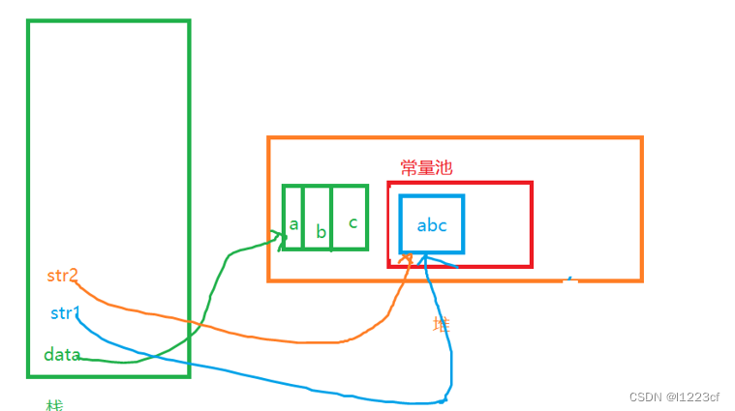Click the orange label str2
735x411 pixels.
click(x=61, y=276)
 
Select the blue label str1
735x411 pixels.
click(x=65, y=313)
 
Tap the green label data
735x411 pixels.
click(x=61, y=355)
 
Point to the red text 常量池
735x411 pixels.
click(x=426, y=167)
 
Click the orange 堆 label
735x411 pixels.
click(x=441, y=324)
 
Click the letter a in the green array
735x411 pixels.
click(x=292, y=224)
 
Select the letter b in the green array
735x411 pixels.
click(x=321, y=233)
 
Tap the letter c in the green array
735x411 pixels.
click(x=352, y=222)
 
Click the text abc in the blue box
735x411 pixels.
click(x=432, y=225)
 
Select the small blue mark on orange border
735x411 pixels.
click(x=569, y=279)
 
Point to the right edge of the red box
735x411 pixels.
click(x=532, y=223)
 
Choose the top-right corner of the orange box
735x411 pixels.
click(x=641, y=139)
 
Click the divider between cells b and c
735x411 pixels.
click(x=332, y=218)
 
